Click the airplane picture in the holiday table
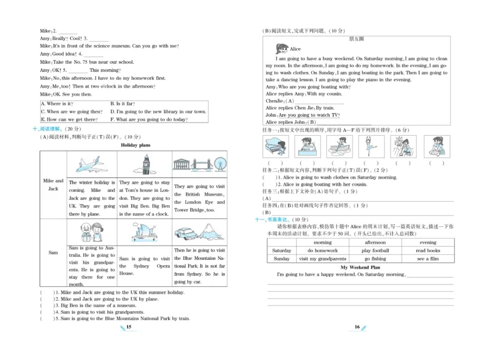92,164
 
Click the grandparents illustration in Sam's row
92,233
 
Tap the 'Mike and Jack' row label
52,184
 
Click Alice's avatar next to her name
281,48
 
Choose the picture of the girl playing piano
274,147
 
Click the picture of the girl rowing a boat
339,147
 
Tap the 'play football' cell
375,251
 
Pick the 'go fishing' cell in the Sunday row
375,259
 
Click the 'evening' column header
428,242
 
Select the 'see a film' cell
428,259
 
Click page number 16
357,326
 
